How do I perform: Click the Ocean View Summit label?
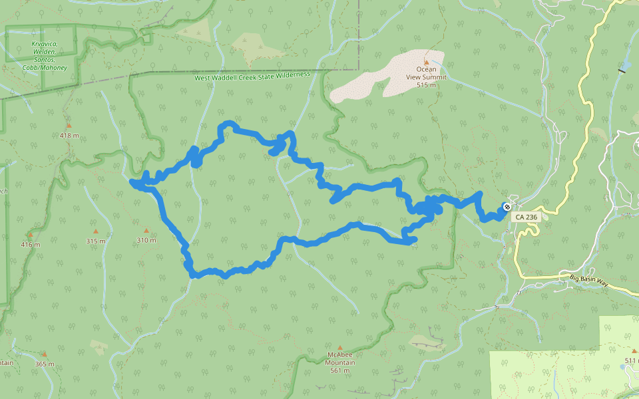point(426,72)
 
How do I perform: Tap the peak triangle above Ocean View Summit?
point(427,62)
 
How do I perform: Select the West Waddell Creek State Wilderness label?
point(252,76)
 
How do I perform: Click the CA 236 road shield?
point(526,217)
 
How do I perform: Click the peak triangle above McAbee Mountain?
point(340,348)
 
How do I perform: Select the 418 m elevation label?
point(69,136)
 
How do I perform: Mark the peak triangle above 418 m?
point(69,125)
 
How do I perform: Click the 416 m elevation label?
point(30,245)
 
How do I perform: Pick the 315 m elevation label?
point(95,241)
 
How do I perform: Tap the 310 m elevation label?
point(146,240)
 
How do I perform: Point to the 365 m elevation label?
point(44,364)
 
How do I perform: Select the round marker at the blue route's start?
point(507,206)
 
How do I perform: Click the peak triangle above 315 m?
point(95,231)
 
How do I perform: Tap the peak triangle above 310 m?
point(146,230)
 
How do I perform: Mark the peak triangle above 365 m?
point(44,354)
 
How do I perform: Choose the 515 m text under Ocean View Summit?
point(426,85)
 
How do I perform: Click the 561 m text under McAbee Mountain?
point(340,370)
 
